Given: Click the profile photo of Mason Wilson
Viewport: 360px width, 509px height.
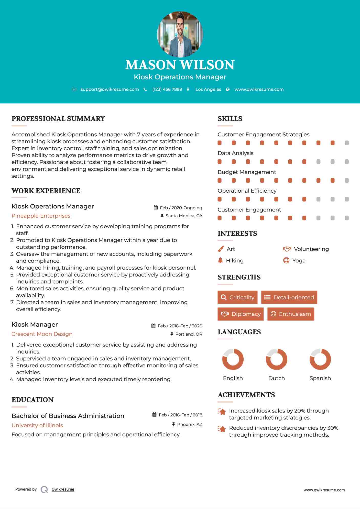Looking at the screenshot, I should point(180,34).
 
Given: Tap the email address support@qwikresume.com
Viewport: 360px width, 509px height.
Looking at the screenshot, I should point(110,89).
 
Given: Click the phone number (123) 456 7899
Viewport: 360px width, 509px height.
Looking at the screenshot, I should point(167,89).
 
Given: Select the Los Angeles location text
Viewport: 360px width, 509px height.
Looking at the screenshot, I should point(208,89).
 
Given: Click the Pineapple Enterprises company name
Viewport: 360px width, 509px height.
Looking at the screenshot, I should point(41,216).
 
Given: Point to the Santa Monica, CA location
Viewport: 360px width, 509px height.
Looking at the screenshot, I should point(184,216).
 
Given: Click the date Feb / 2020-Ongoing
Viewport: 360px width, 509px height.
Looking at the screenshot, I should point(181,208).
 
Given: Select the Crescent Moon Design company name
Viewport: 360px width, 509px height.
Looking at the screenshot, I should point(42,334).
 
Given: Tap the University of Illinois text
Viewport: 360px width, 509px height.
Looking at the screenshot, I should point(37,425).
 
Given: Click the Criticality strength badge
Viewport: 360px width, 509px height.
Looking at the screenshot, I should point(237,297).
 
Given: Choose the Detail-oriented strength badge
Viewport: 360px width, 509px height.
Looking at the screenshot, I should point(289,297).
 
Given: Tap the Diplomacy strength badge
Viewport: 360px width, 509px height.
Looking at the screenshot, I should point(241,314).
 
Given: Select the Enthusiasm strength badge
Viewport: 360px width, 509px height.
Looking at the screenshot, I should point(291,314).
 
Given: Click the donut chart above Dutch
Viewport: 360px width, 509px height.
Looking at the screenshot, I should point(276,359).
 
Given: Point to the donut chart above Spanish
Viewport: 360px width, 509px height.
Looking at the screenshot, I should point(320,359).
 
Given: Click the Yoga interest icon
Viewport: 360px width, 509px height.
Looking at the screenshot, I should point(286,260).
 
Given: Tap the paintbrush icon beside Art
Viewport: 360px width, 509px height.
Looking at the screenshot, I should point(221,249).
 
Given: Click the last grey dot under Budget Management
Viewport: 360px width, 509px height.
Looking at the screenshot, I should point(347,181).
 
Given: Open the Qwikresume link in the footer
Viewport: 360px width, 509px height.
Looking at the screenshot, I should point(63,489).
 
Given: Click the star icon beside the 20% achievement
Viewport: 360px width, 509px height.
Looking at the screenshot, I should point(222,412).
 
